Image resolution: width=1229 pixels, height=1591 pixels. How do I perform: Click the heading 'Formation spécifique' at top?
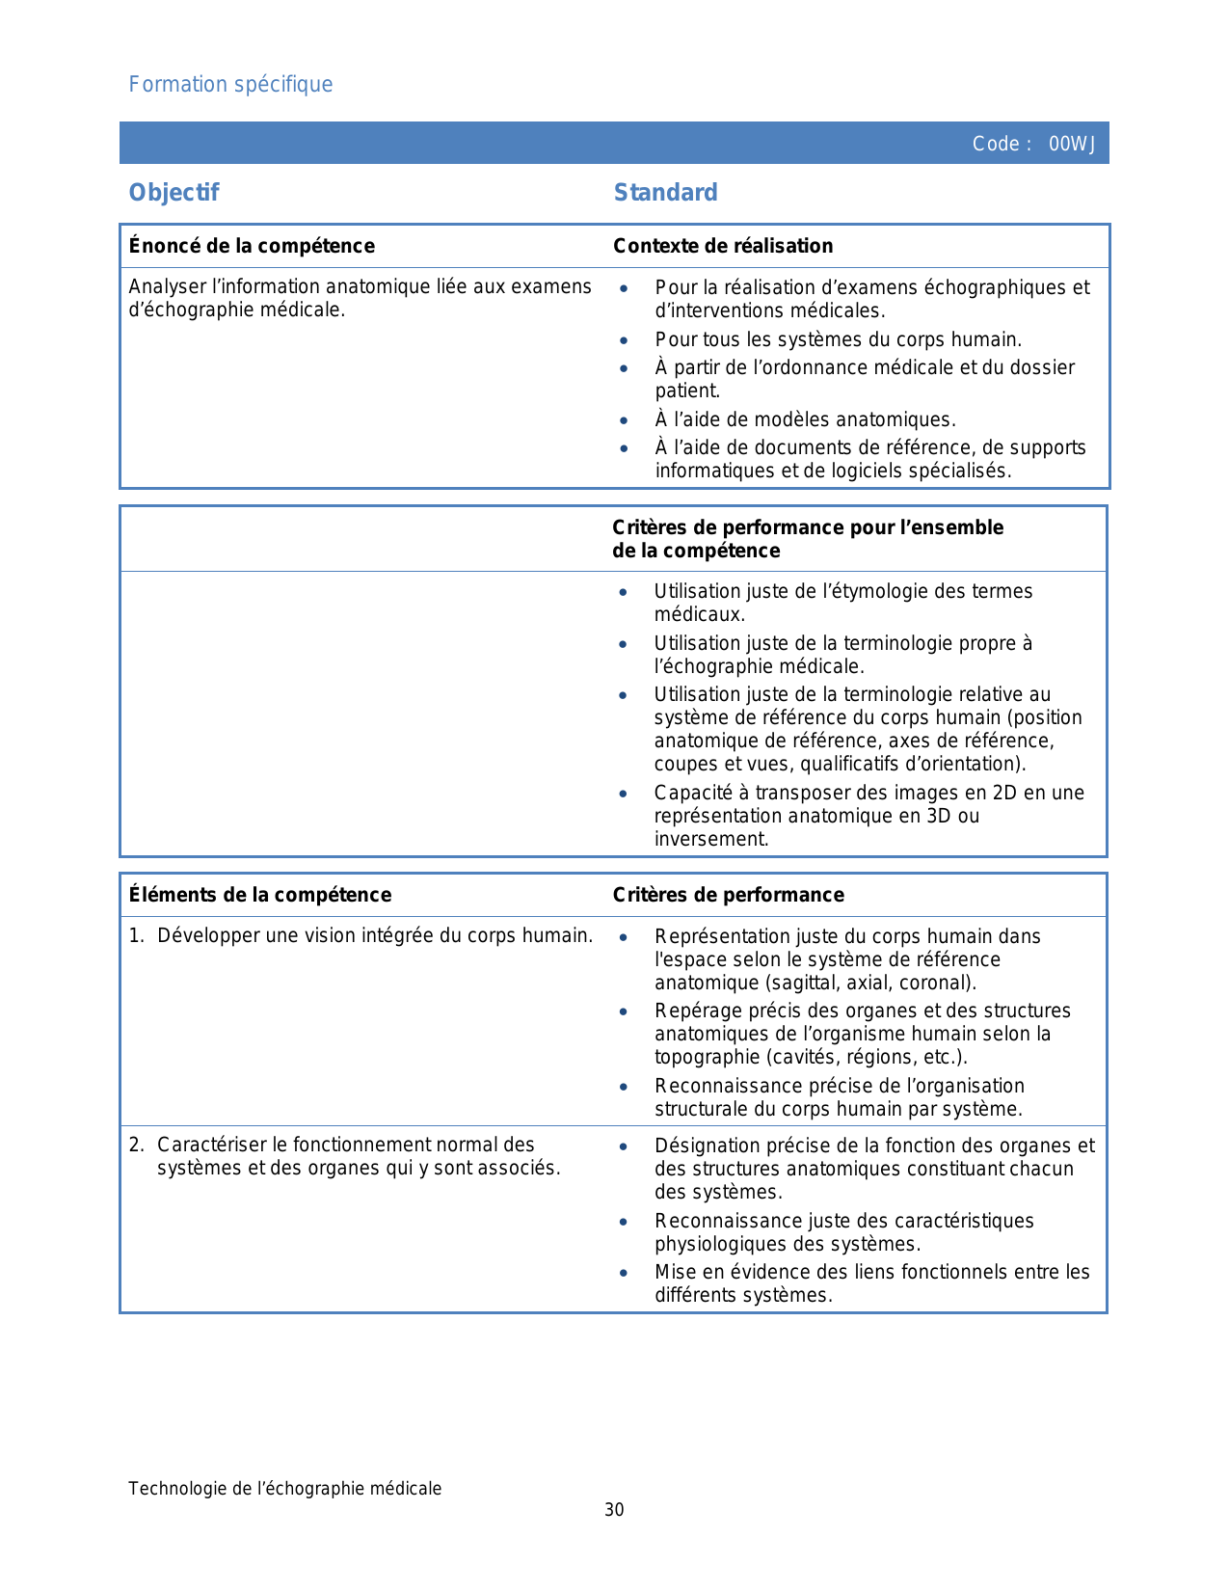click(x=230, y=85)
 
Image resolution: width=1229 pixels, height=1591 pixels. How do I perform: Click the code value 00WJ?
click(x=1072, y=145)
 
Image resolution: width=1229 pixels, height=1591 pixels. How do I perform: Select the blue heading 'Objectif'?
click(x=174, y=193)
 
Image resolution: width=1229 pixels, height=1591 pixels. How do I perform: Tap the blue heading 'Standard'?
click(x=665, y=193)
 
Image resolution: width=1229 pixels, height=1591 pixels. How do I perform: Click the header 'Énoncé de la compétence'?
click(x=252, y=246)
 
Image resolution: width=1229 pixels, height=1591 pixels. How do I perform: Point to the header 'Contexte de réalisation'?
click(x=723, y=246)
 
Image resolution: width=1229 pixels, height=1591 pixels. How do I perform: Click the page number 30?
click(x=614, y=1510)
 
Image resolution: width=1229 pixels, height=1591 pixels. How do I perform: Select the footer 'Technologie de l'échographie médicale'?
click(x=284, y=1489)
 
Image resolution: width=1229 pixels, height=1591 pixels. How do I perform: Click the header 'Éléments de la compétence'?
click(x=260, y=895)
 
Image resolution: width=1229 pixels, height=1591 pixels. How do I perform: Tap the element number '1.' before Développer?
click(x=137, y=935)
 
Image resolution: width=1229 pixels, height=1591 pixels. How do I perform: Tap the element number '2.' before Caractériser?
click(x=137, y=1145)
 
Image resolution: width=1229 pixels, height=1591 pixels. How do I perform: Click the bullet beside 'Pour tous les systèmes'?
click(x=625, y=340)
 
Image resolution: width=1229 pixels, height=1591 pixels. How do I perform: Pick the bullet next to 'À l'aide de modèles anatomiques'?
click(x=625, y=420)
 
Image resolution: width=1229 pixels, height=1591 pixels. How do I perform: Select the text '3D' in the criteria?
click(x=941, y=816)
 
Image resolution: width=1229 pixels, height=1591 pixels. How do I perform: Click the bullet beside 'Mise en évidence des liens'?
click(x=625, y=1273)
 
